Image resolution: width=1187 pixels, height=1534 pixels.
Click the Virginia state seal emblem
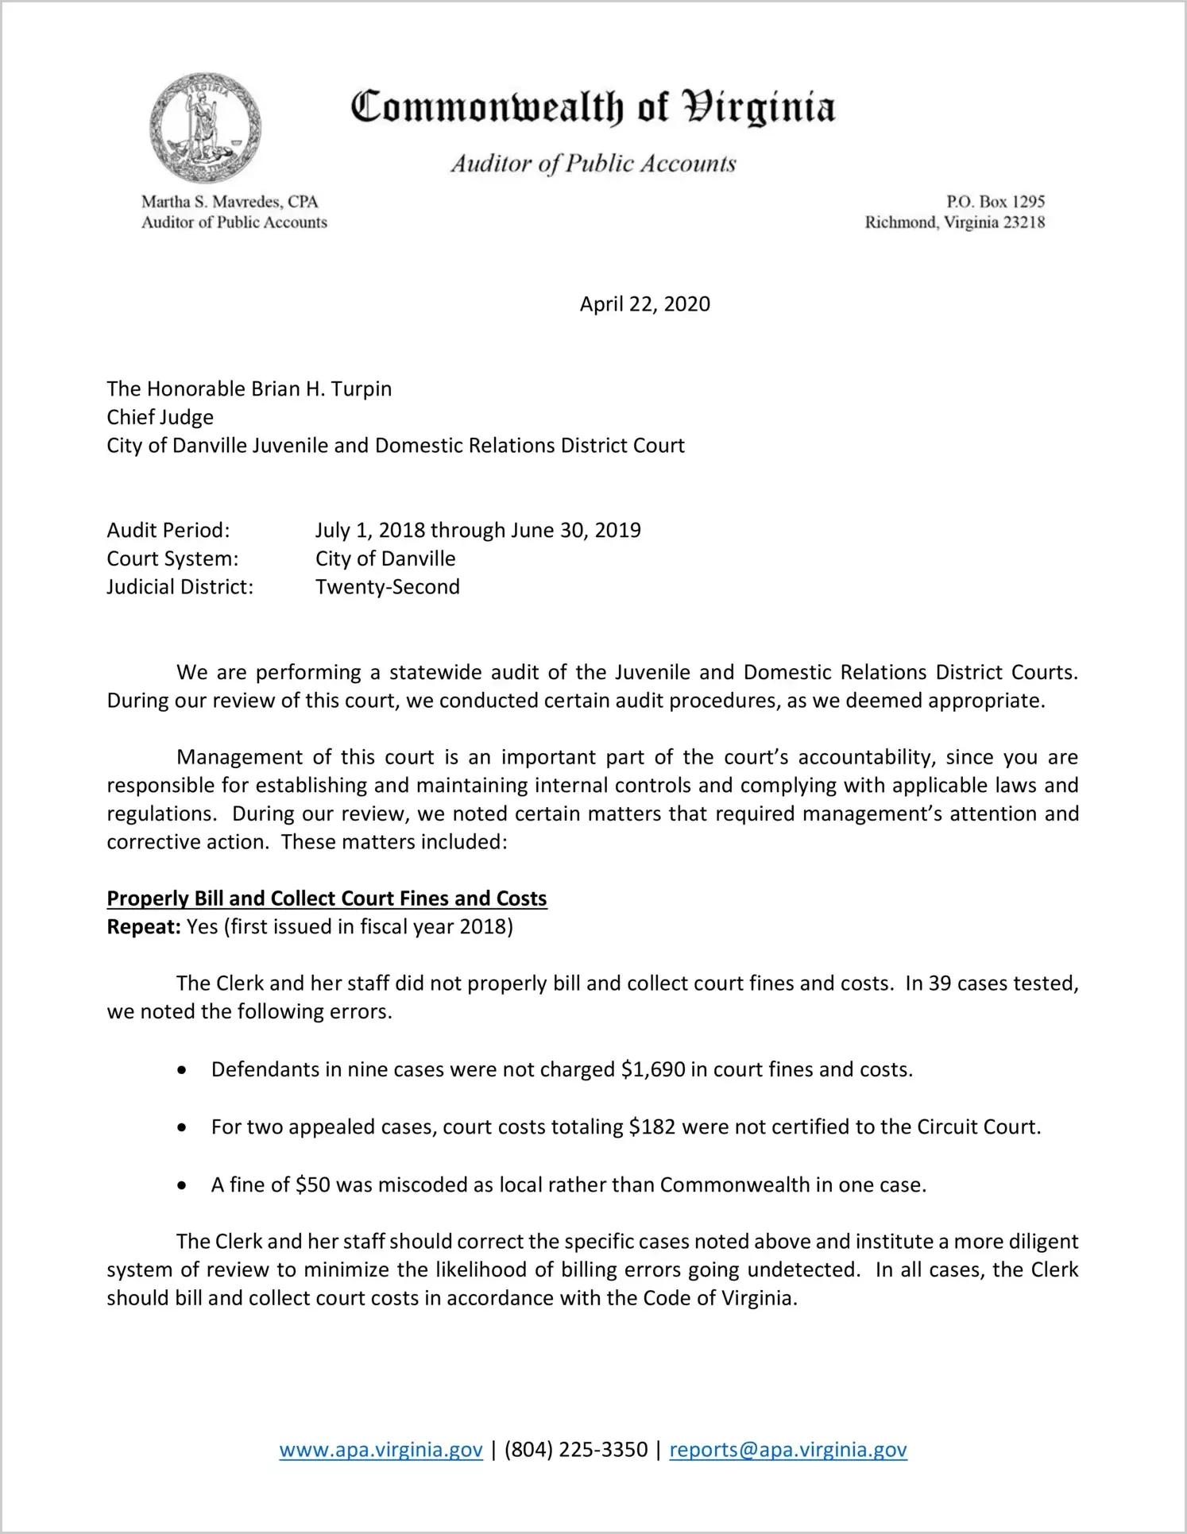click(x=205, y=128)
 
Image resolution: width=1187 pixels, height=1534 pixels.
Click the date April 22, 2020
click(x=644, y=304)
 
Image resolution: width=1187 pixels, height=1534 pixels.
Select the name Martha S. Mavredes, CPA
click(x=230, y=202)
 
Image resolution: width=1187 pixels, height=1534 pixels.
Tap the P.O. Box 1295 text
click(x=995, y=202)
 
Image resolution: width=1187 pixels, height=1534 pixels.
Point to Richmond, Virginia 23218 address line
click(x=954, y=222)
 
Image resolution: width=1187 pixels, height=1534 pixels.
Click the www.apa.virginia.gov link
click(x=381, y=1450)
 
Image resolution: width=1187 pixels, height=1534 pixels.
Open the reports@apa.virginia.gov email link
click(x=787, y=1450)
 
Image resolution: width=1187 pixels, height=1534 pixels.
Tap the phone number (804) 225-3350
click(x=575, y=1450)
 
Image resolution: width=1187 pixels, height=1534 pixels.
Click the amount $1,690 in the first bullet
click(x=653, y=1069)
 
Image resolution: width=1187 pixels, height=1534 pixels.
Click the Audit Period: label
click(x=168, y=530)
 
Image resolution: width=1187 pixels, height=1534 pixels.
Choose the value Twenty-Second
click(x=388, y=587)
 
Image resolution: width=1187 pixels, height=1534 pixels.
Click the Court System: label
click(x=172, y=558)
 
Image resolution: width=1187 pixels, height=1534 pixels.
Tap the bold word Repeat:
click(x=144, y=927)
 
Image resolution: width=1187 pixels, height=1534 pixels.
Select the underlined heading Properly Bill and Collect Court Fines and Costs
click(x=327, y=898)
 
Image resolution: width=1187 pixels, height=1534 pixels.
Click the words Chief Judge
click(x=160, y=417)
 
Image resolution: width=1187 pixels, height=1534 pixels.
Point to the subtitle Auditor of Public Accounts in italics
click(x=593, y=164)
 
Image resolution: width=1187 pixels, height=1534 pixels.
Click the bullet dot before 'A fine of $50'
click(x=183, y=1186)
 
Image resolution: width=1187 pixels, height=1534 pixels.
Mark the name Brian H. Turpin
click(x=321, y=388)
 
